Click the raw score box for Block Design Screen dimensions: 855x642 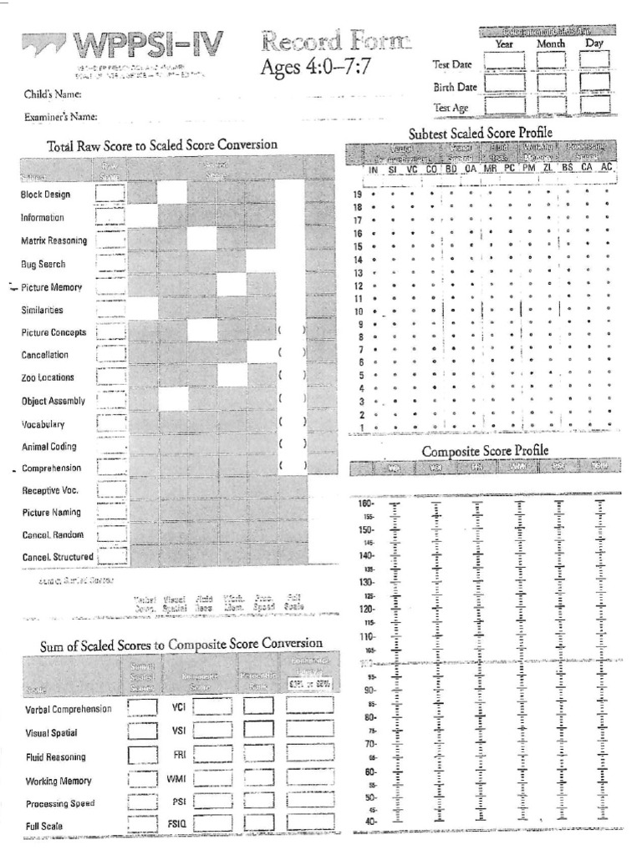110,194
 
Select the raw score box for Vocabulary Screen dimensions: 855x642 110,422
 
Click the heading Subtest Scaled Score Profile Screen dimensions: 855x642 481,134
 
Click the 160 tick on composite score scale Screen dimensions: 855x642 365,503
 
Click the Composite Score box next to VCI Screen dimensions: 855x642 212,707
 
